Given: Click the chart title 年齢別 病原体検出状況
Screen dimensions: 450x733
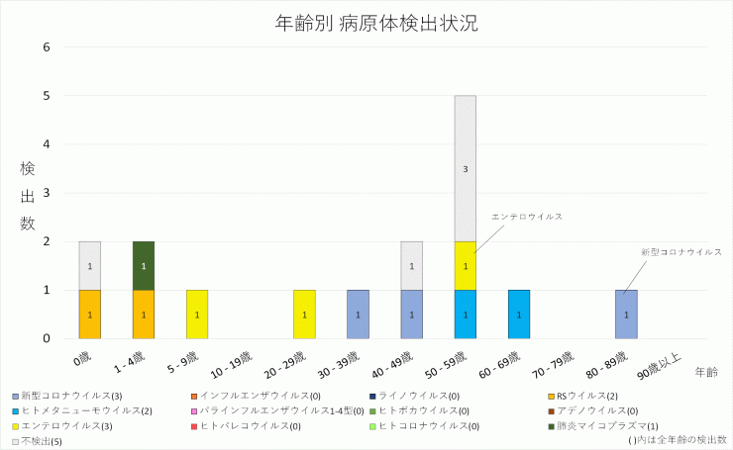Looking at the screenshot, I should tap(366, 23).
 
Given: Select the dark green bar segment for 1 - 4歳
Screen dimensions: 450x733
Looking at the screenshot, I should tap(144, 265).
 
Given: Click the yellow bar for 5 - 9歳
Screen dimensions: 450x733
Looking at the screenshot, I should tap(197, 315).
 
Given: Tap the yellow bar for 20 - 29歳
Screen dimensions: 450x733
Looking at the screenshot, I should tap(304, 315).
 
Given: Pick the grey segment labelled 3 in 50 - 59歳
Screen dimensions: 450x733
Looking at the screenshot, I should tap(466, 168).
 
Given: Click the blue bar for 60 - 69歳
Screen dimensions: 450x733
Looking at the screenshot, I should tap(519, 315).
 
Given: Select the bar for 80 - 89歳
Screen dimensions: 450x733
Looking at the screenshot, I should tap(626, 315).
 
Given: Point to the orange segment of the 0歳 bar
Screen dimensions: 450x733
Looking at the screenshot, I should tap(90, 315).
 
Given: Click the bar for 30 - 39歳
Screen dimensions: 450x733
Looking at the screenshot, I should tap(358, 315).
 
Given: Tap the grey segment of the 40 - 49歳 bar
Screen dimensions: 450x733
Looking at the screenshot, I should tap(412, 265).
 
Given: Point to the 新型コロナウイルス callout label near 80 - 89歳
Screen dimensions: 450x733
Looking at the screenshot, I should tap(681, 252).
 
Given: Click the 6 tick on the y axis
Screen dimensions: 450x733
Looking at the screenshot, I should tap(47, 47).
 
